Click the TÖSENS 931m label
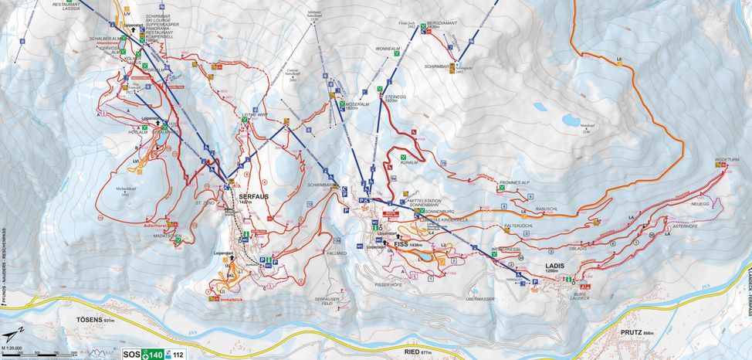click(95, 320)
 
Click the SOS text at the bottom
click(131, 355)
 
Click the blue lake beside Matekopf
click(571, 120)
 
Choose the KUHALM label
click(410, 163)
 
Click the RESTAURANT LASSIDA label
click(66, 3)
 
